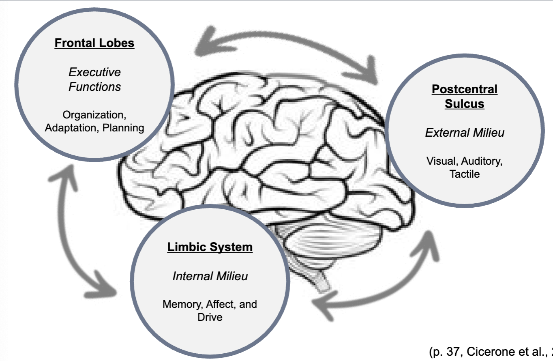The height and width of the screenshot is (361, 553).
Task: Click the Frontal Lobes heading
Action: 94,43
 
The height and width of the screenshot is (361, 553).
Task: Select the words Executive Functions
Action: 94,79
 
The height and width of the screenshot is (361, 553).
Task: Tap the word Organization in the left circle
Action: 95,115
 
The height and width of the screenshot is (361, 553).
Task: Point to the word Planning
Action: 123,128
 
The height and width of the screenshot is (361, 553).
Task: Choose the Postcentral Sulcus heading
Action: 464,96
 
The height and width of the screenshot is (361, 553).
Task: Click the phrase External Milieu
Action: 465,132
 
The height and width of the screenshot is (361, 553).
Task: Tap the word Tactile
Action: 464,174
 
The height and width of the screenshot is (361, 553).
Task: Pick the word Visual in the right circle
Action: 441,161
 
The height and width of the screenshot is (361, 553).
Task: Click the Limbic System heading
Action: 210,247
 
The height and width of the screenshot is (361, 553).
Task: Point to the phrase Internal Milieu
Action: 210,276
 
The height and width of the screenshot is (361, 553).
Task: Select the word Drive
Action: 210,317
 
